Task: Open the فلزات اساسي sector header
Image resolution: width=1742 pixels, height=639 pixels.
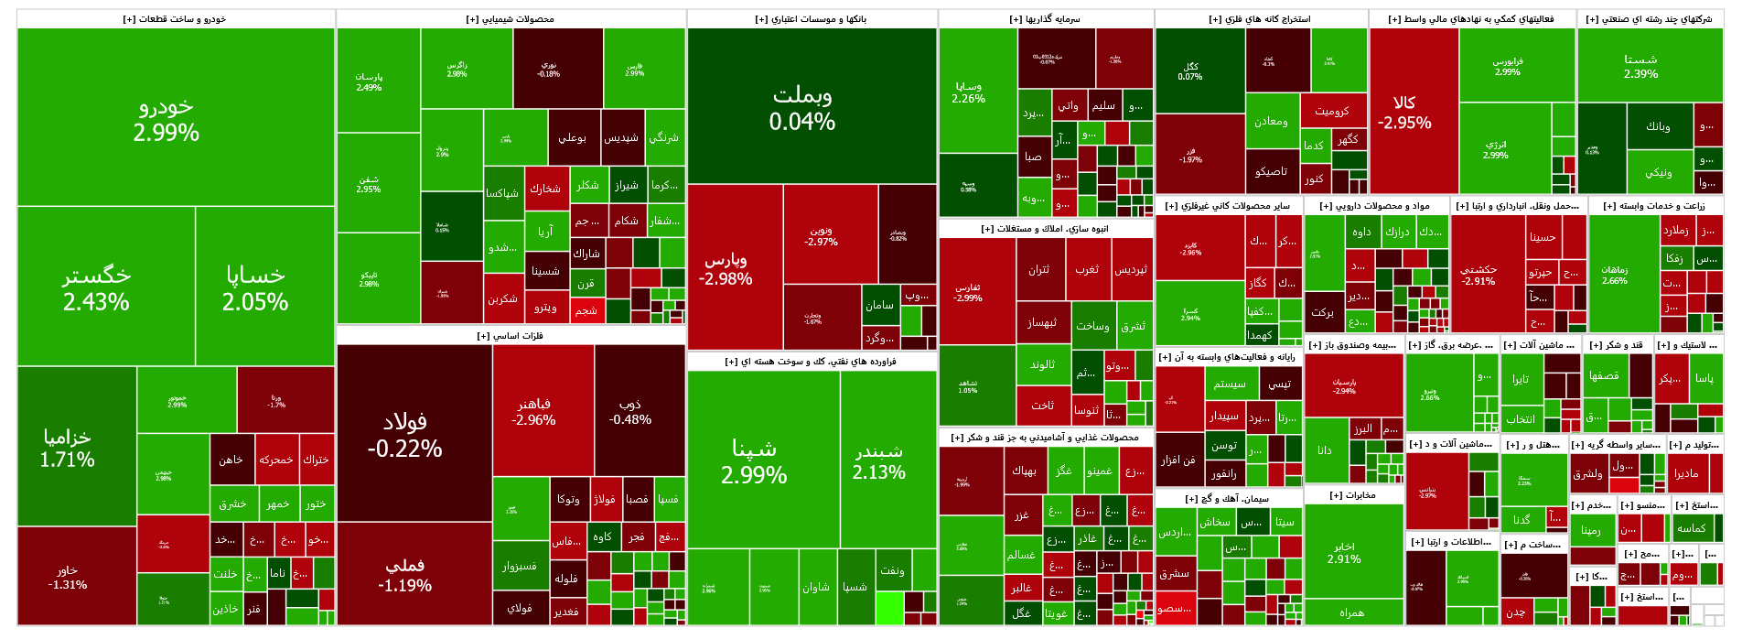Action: click(x=511, y=336)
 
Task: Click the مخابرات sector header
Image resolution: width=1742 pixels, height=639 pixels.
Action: click(x=1352, y=495)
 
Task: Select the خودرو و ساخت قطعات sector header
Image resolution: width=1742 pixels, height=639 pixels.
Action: click(x=175, y=19)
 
